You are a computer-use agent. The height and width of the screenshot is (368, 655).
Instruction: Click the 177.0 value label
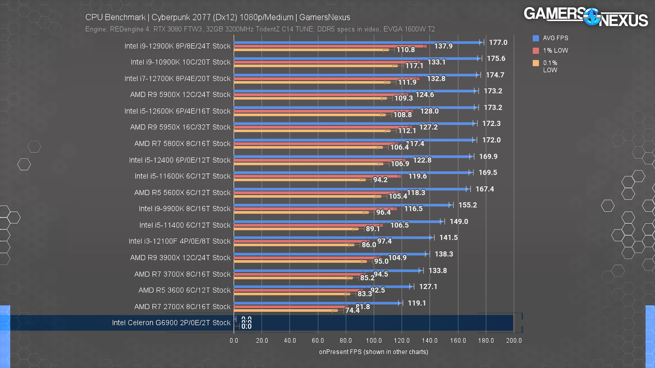[x=498, y=42]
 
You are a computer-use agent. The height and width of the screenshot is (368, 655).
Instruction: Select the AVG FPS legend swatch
[x=536, y=38]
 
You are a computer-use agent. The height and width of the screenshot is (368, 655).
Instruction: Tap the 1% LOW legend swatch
[x=536, y=51]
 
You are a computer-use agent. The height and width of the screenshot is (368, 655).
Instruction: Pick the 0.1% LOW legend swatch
[x=536, y=63]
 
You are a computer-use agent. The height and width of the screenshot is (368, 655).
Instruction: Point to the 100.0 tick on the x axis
[x=374, y=340]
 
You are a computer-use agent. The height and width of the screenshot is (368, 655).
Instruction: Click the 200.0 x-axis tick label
[x=514, y=340]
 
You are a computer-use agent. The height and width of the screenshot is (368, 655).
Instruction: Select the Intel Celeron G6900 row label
[x=171, y=323]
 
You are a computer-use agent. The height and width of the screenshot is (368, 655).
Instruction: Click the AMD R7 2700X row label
[x=182, y=307]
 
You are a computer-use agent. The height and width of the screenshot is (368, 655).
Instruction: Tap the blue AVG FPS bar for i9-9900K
[x=340, y=205]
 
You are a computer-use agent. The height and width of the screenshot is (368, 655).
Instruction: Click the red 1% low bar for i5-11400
[x=307, y=225]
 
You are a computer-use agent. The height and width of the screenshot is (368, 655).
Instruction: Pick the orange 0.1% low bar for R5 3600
[x=289, y=294]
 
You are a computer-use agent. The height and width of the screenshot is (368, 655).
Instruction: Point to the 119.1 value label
[x=417, y=303]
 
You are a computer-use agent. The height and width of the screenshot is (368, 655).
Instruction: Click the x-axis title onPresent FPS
[x=373, y=352]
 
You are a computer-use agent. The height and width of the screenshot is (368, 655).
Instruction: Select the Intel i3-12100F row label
[x=179, y=241]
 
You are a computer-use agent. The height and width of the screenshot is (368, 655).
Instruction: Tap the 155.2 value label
[x=467, y=205]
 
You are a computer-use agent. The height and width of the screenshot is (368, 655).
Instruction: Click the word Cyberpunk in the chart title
[x=171, y=17]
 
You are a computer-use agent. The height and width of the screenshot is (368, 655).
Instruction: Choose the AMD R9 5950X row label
[x=180, y=127]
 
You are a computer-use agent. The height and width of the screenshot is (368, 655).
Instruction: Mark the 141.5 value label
[x=448, y=238]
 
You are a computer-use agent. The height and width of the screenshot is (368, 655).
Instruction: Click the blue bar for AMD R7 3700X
[x=325, y=271]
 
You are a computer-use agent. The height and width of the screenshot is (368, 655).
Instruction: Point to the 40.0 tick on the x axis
[x=290, y=340]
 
